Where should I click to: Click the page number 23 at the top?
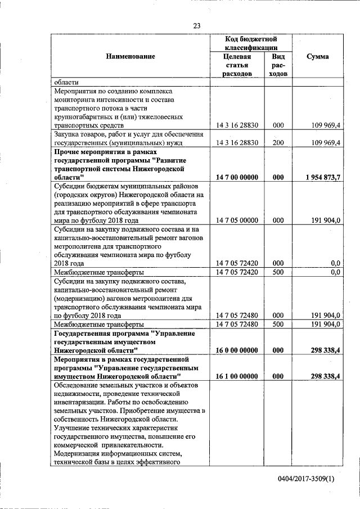197,25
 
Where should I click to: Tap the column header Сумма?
318,56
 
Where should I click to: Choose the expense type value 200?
278,142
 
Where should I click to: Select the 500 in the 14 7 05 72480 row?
278,324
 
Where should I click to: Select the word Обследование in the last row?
76,385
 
